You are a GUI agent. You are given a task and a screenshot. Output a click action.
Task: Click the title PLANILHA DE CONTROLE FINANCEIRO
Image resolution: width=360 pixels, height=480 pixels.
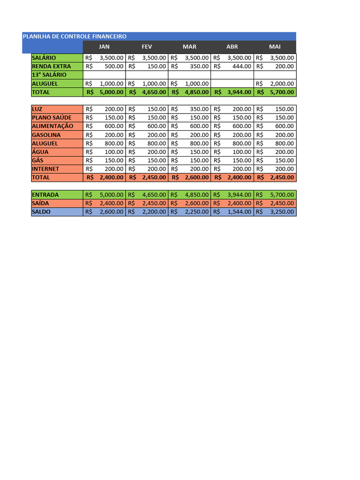(x=75, y=36)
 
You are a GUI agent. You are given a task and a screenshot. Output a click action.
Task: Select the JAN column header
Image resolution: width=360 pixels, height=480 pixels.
(x=104, y=47)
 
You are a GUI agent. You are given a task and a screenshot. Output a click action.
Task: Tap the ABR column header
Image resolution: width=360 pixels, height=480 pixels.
(x=232, y=47)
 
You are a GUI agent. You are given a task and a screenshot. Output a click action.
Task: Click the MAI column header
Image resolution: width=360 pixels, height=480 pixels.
(x=275, y=47)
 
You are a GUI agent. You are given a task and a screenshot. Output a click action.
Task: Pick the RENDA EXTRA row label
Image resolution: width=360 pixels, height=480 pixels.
(x=52, y=67)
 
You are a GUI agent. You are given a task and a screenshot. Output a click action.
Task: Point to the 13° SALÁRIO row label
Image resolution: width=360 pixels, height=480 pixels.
(x=49, y=75)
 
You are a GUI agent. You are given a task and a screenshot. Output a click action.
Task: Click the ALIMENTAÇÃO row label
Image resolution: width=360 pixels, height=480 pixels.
(x=53, y=126)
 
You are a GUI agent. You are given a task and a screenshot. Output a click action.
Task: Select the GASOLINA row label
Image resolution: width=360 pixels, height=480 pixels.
(x=46, y=135)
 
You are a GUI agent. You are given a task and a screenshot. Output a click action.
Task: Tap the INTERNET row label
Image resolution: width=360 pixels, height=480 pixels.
(x=45, y=169)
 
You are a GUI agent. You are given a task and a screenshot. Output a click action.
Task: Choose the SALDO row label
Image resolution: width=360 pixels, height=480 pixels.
(x=41, y=212)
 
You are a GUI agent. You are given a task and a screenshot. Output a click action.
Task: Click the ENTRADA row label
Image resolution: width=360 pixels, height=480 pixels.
(x=45, y=195)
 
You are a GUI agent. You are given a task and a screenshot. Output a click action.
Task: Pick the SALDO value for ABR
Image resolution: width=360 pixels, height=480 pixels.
(x=239, y=212)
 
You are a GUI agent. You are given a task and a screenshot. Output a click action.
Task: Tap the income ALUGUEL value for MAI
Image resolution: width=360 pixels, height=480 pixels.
(x=282, y=84)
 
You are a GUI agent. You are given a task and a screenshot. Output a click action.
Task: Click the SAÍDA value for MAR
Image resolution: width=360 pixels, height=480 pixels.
(x=196, y=203)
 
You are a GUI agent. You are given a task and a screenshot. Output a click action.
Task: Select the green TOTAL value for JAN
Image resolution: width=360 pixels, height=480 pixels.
(x=112, y=92)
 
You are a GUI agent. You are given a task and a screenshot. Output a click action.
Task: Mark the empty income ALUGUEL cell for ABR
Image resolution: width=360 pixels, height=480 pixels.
(x=232, y=84)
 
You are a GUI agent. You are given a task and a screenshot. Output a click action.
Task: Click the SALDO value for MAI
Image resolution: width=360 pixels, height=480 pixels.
(x=282, y=212)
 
